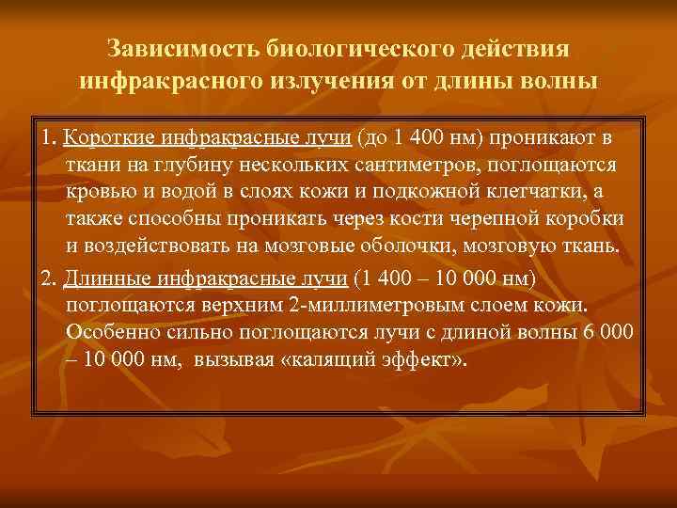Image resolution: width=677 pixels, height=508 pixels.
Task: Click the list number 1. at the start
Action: pos(49,139)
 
